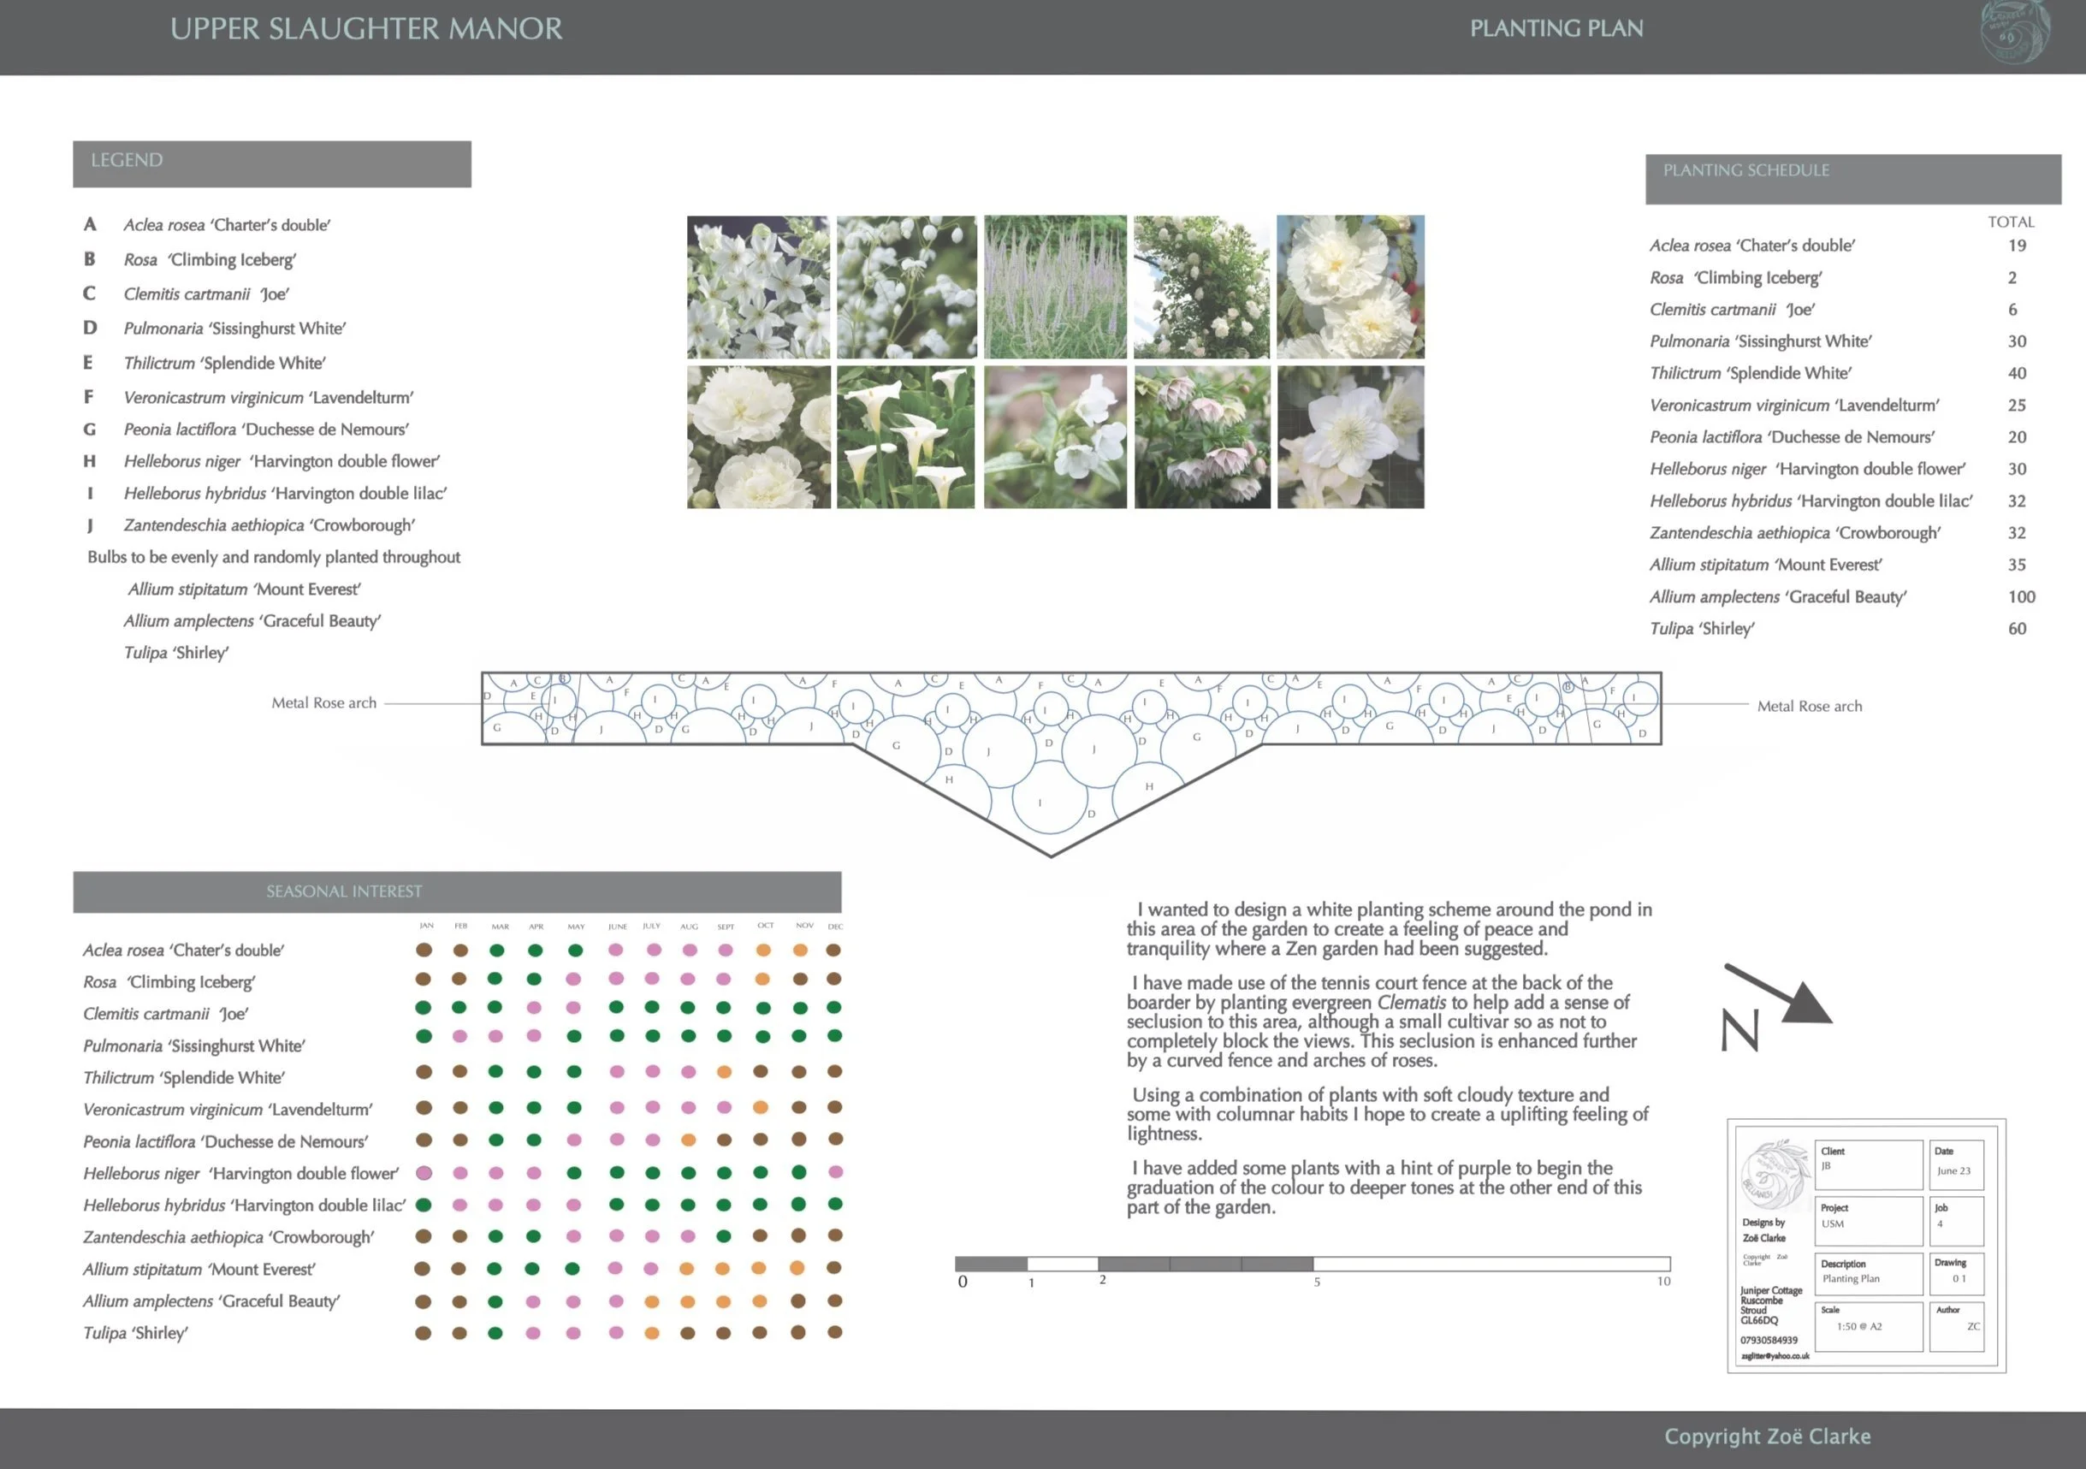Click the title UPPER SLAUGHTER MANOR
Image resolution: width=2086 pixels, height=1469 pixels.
366,28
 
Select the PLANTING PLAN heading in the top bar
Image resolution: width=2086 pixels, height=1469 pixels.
1556,28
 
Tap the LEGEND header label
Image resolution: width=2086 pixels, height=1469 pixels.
127,160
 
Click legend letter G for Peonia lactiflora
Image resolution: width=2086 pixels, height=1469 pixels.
89,429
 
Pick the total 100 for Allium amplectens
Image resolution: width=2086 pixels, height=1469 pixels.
2021,597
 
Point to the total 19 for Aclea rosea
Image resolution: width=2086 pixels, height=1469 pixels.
2017,246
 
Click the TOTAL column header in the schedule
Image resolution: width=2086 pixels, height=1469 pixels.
2011,222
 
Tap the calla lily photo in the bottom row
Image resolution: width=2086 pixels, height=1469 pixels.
906,437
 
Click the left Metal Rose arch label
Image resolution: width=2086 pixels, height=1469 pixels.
323,703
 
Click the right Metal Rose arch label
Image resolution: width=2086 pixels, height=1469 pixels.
1809,707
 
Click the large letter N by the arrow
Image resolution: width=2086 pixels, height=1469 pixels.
1739,1031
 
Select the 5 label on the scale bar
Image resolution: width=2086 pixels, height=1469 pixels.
1317,1282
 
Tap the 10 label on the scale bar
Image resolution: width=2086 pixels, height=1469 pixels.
1662,1281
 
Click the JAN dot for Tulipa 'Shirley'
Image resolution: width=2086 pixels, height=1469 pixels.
424,1333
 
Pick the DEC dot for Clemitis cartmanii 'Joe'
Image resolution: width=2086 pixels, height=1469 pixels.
834,1008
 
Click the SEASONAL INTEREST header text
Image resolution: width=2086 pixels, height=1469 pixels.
343,891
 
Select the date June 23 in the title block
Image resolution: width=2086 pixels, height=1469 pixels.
1953,1171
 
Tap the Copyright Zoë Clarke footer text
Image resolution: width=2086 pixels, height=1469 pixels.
1767,1436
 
